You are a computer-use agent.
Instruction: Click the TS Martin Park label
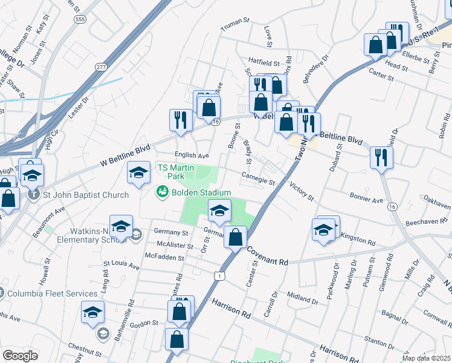click(170, 171)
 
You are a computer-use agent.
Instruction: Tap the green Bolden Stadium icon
click(162, 192)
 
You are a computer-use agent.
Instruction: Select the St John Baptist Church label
click(85, 195)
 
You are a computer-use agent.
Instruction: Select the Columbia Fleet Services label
click(53, 294)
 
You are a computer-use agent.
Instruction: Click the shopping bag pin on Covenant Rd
click(235, 237)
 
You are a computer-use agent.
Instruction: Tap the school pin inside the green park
click(219, 211)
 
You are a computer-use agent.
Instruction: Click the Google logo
click(19, 356)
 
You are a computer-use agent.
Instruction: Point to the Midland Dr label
click(302, 297)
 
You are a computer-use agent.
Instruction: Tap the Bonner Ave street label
click(366, 199)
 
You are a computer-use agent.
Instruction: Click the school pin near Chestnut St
click(92, 312)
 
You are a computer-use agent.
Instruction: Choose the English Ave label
click(191, 155)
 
